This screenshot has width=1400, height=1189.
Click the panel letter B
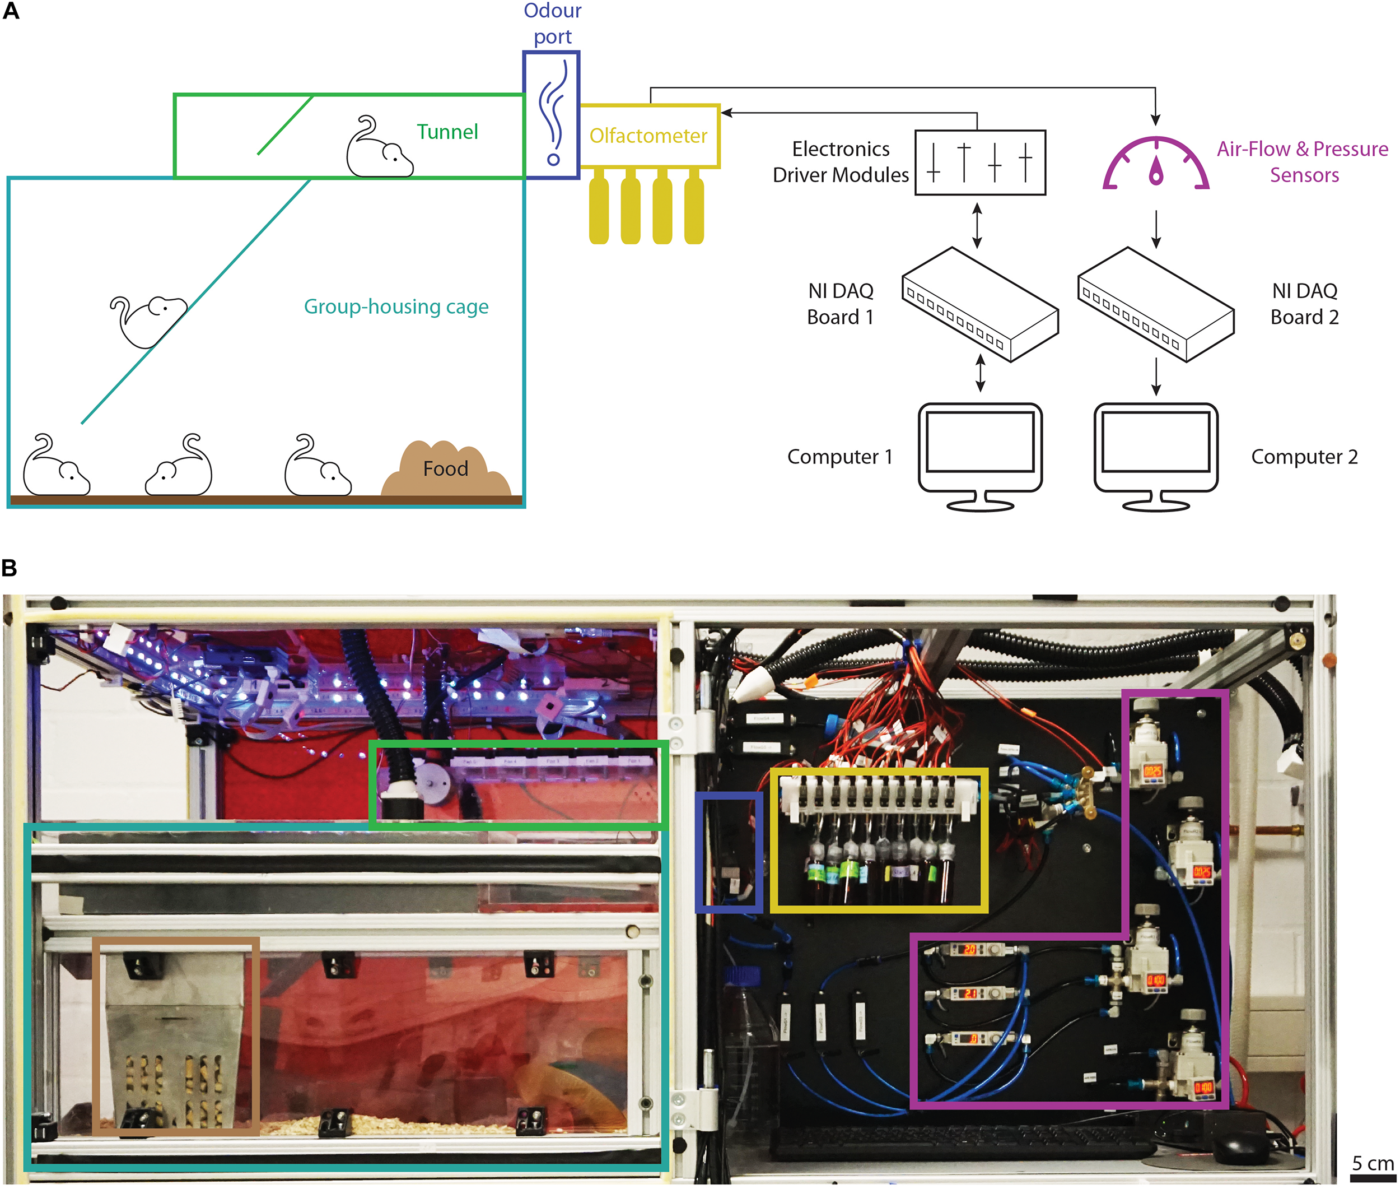point(10,568)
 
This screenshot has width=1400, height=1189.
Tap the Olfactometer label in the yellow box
point(647,136)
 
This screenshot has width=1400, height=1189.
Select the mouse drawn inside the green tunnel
point(379,149)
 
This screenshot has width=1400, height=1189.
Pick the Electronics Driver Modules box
point(979,162)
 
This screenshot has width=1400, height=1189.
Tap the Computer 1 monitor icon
point(979,455)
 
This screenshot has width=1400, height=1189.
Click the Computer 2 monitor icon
point(1155,455)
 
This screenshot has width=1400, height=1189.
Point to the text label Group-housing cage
point(396,306)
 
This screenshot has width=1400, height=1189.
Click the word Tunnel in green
point(447,132)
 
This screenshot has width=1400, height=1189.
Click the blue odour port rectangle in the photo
point(729,852)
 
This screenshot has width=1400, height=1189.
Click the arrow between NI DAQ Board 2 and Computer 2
point(1156,376)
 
